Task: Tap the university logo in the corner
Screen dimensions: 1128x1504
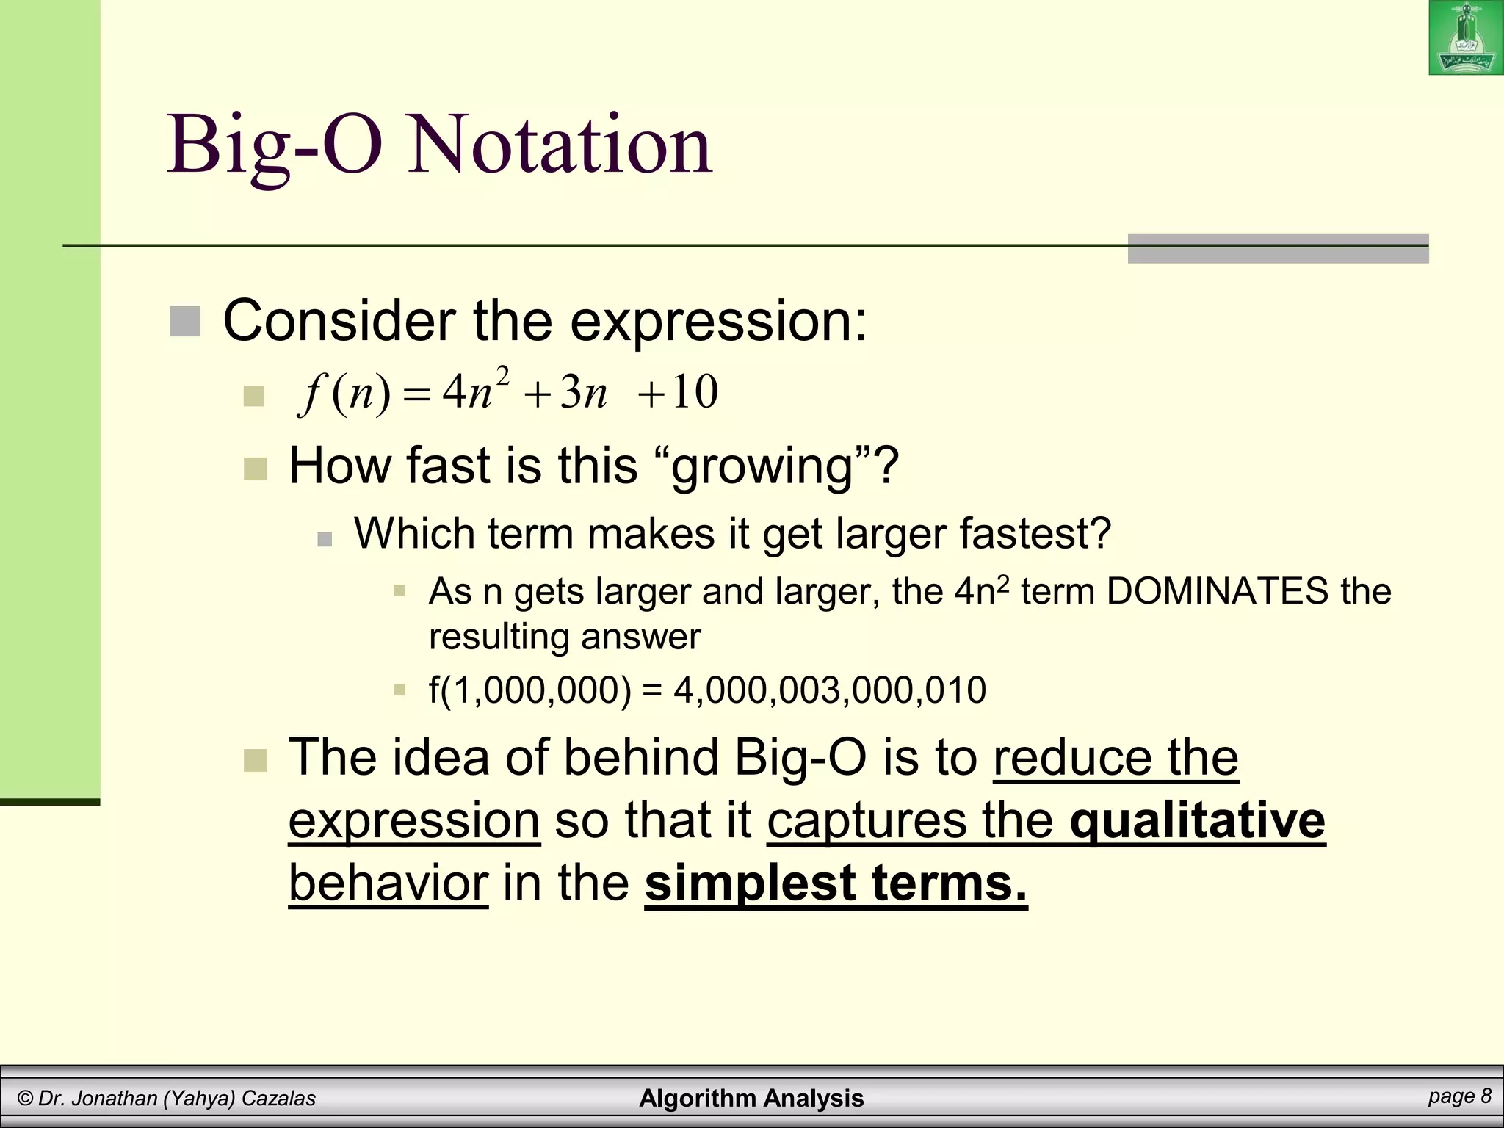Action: coord(1466,38)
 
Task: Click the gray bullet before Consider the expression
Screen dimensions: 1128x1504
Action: coord(184,322)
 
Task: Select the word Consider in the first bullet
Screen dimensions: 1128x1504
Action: coord(339,322)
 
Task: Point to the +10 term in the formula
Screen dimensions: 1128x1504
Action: coord(677,392)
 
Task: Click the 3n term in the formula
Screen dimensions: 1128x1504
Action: coord(584,394)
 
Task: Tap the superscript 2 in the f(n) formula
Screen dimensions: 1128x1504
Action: coord(503,375)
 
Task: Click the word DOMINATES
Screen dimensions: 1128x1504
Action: coord(1217,591)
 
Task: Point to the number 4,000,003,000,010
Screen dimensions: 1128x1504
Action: coord(829,690)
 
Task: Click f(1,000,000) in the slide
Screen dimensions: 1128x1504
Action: coord(529,690)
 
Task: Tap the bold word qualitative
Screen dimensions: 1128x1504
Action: coord(1197,820)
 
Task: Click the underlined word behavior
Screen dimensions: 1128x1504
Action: coord(388,883)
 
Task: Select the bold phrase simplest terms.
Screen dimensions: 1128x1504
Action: coord(835,883)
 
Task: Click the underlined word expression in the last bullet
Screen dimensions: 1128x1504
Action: coord(414,820)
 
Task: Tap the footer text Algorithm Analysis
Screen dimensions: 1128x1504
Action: coord(751,1098)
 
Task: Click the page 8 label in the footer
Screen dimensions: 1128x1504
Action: coord(1460,1096)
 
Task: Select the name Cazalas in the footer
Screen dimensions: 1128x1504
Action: coord(278,1099)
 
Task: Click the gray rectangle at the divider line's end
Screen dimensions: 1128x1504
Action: coord(1278,248)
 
